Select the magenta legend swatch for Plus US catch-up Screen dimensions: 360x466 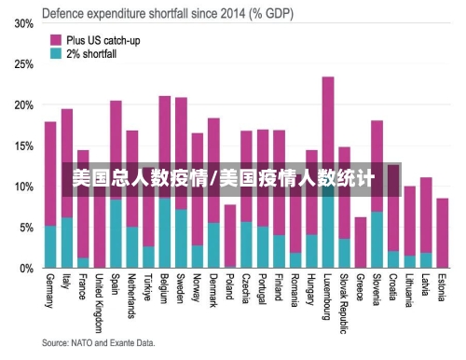coord(56,40)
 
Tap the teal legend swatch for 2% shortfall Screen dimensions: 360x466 coord(56,54)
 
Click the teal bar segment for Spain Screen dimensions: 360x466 coord(116,234)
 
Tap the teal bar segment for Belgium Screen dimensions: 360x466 coord(164,233)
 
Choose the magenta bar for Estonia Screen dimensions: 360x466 coord(442,233)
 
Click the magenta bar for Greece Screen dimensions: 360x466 coord(361,242)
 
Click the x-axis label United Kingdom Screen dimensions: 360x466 coord(100,301)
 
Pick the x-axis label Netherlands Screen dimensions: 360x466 coord(131,297)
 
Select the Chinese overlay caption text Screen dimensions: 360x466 coord(224,177)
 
